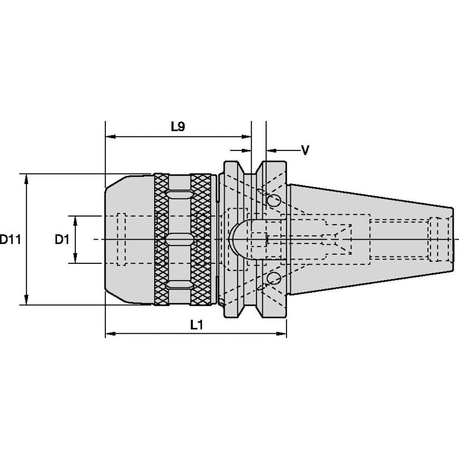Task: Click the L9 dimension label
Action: point(178,127)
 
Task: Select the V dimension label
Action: point(305,150)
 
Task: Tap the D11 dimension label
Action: point(10,240)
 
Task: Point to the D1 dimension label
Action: point(62,240)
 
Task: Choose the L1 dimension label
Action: point(196,325)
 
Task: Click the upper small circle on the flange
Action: point(274,201)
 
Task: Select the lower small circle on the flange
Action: point(274,278)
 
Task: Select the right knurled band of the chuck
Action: point(201,239)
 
